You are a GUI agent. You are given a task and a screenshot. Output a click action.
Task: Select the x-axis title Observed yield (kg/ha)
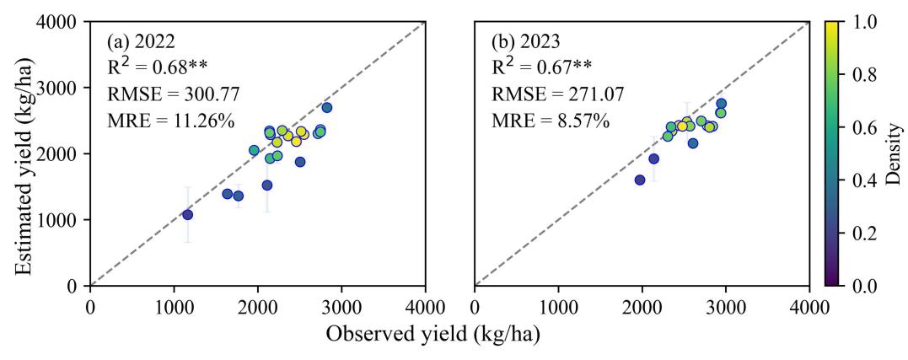click(x=433, y=334)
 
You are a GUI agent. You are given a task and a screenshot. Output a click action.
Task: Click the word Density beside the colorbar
click(x=895, y=153)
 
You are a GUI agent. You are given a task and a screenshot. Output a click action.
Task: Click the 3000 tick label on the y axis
click(x=62, y=88)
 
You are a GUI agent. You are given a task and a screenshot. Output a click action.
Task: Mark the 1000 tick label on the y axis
click(x=62, y=220)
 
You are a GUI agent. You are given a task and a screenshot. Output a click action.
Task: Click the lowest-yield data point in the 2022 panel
click(x=187, y=215)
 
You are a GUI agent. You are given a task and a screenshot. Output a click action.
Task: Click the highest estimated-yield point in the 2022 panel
click(x=326, y=108)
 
